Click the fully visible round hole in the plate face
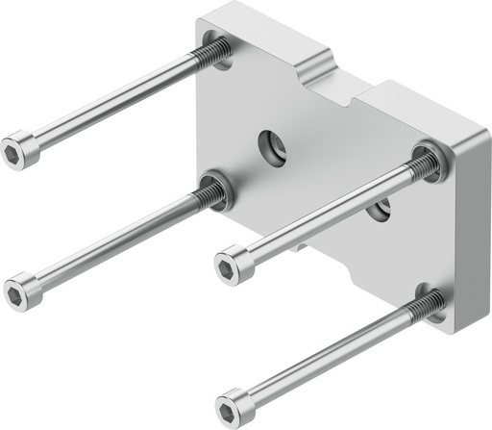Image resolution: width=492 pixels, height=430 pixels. click(x=270, y=145)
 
